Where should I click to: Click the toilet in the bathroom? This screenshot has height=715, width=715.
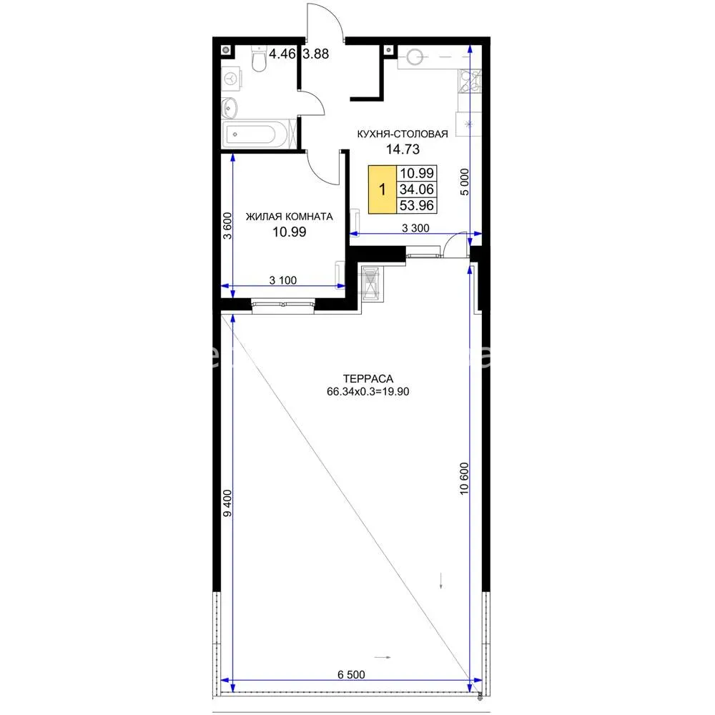259,59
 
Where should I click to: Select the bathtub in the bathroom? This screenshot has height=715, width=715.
255,134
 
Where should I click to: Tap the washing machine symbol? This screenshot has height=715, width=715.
232,78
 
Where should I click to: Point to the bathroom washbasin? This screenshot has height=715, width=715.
229,108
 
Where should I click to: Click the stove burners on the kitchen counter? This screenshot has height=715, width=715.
470,81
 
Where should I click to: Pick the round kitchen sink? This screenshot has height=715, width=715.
415,57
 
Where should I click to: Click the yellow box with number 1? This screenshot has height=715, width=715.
382,189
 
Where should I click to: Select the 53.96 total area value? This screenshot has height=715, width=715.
416,206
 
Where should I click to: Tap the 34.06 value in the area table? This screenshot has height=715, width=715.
416,189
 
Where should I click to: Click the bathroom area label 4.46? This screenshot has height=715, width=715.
282,54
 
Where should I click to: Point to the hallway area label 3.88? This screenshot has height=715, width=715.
315,54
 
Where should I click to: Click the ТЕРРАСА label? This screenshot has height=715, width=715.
368,378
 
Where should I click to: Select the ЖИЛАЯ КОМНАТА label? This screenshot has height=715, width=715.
289,217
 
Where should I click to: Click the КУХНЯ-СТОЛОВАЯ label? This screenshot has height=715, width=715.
402,134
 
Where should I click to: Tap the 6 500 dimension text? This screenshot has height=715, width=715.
351,674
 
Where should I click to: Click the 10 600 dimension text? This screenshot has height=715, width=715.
464,478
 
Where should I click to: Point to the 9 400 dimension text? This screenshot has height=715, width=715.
227,503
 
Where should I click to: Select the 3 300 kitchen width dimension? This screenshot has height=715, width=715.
415,228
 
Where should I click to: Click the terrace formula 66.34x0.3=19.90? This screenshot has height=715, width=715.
368,392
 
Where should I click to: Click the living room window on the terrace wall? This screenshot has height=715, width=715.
282,305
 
